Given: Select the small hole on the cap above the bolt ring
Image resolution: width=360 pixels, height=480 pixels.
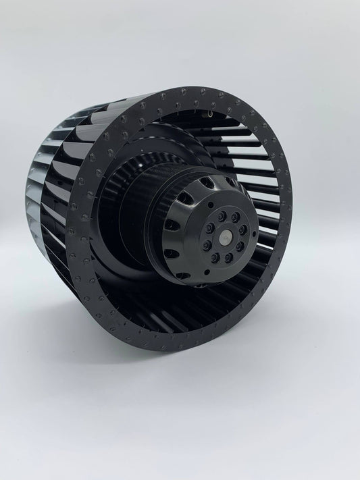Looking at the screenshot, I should (x=210, y=202).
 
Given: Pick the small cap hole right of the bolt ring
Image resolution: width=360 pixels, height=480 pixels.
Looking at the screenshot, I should (x=254, y=234).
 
